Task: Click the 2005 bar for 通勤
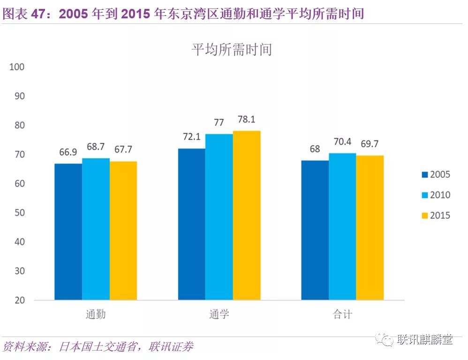tap(68, 232)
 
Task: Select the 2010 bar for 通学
tap(219, 217)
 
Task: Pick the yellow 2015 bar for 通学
tap(247, 215)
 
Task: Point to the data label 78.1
tap(246, 119)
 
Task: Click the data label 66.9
tap(68, 153)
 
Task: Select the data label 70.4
tap(342, 142)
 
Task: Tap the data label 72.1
tap(191, 137)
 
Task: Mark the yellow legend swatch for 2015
tap(424, 216)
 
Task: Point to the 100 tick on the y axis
tap(16, 67)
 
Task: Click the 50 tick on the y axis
tap(18, 213)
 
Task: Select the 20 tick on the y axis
tap(18, 300)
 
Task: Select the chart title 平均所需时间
tap(232, 49)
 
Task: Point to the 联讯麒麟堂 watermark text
tap(424, 339)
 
